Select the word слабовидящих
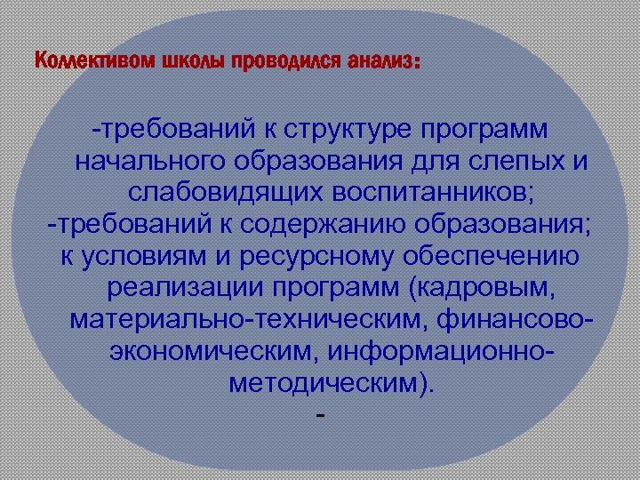pos(214,193)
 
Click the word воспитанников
pos(412,193)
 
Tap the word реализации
pos(183,288)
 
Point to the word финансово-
pos(507,318)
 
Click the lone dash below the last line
pos(320,415)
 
